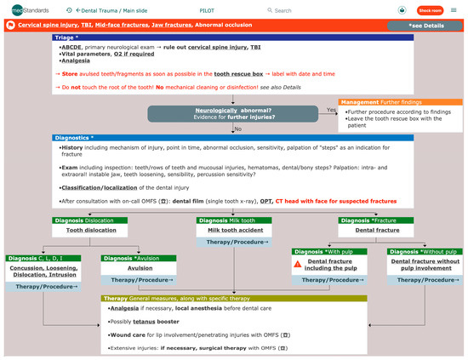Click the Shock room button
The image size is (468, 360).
tap(431, 10)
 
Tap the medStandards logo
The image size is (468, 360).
tap(25, 10)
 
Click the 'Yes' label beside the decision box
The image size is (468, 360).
tap(331, 110)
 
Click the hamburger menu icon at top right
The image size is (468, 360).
tap(454, 10)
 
